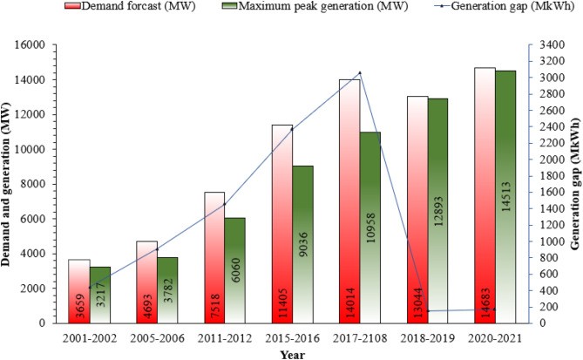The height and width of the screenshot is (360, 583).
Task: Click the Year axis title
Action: (292, 354)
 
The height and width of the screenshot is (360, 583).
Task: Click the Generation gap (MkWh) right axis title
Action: (574, 183)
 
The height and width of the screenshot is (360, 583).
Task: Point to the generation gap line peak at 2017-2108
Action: (360, 72)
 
